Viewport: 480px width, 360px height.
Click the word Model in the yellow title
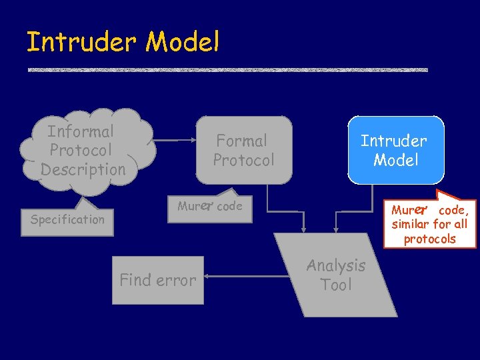pos(182,42)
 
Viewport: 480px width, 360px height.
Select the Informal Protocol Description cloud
pos(87,150)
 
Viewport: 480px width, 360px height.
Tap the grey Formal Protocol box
pos(244,150)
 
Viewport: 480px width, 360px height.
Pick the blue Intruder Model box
pos(395,150)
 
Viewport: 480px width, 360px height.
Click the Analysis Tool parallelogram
pos(336,275)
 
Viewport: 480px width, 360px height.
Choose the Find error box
pos(158,280)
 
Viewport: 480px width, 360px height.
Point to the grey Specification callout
pos(68,219)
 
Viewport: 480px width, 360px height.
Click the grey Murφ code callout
pos(211,207)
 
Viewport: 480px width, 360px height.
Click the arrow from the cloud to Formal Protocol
pos(175,141)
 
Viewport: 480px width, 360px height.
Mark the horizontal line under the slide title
pos(227,69)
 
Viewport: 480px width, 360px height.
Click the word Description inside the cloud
pos(83,169)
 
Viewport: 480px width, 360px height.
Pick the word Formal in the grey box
pos(241,141)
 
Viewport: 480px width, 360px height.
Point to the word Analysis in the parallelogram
pos(336,265)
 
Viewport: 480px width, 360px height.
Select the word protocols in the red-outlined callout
pos(429,239)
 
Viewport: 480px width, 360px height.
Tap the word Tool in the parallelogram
pos(336,285)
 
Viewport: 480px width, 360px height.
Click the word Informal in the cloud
pos(81,131)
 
